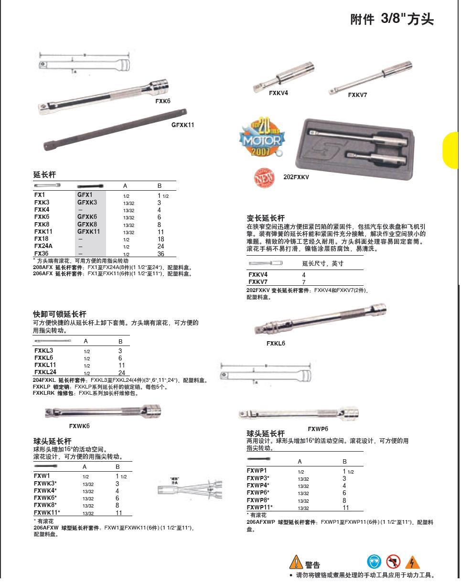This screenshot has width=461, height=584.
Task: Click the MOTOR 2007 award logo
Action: [x=261, y=138]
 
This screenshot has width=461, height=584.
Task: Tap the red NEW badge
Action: [x=264, y=177]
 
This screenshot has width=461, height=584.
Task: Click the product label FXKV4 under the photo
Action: [x=278, y=93]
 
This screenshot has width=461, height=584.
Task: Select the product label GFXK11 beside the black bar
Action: [x=183, y=125]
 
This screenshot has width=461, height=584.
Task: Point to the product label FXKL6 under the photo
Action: [x=276, y=344]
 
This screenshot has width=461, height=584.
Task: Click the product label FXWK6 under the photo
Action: [x=79, y=426]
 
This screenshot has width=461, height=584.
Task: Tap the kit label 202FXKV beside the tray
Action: [x=296, y=177]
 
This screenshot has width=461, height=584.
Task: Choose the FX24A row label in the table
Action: [x=43, y=247]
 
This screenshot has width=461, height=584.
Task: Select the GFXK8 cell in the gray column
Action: [x=87, y=225]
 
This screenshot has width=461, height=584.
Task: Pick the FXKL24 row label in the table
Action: [x=45, y=373]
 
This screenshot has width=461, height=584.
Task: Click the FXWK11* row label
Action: [x=47, y=513]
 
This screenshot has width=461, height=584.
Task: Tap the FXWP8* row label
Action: [x=258, y=500]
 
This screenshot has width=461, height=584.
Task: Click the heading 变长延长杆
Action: [x=266, y=218]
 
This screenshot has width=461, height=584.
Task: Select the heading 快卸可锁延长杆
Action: [x=60, y=314]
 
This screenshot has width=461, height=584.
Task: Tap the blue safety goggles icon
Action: [x=374, y=562]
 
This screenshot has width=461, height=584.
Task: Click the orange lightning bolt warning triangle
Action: [x=412, y=562]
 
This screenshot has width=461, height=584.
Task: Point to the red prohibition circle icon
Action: [x=393, y=562]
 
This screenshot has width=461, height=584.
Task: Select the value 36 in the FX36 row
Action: [x=161, y=254]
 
